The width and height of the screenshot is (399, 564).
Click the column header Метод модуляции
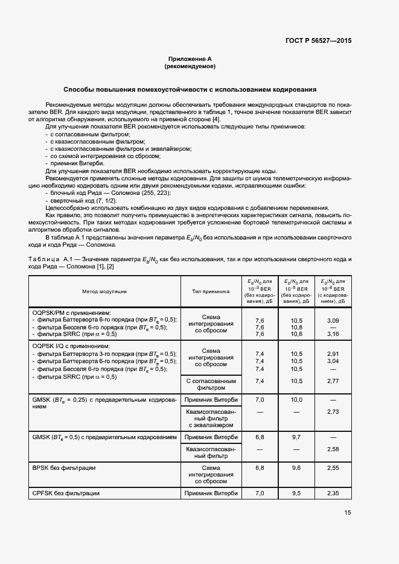click(105, 291)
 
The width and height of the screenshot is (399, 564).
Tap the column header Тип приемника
click(211, 291)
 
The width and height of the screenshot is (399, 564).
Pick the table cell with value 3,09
click(333, 320)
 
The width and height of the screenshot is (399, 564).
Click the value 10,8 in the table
click(296, 327)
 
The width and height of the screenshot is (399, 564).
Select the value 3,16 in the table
click(333, 334)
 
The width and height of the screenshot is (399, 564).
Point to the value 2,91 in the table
click(333, 353)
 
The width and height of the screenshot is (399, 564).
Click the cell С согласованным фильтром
click(211, 385)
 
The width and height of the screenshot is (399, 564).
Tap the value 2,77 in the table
click(333, 381)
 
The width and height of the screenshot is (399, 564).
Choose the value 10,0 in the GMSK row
click(296, 400)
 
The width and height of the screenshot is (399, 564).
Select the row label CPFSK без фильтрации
click(66, 493)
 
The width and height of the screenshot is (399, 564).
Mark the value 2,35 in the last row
click(333, 493)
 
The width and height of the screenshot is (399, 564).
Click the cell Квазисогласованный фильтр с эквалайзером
click(211, 418)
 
